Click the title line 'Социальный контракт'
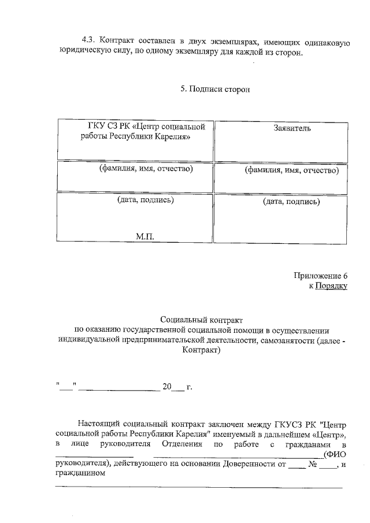click(202, 320)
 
